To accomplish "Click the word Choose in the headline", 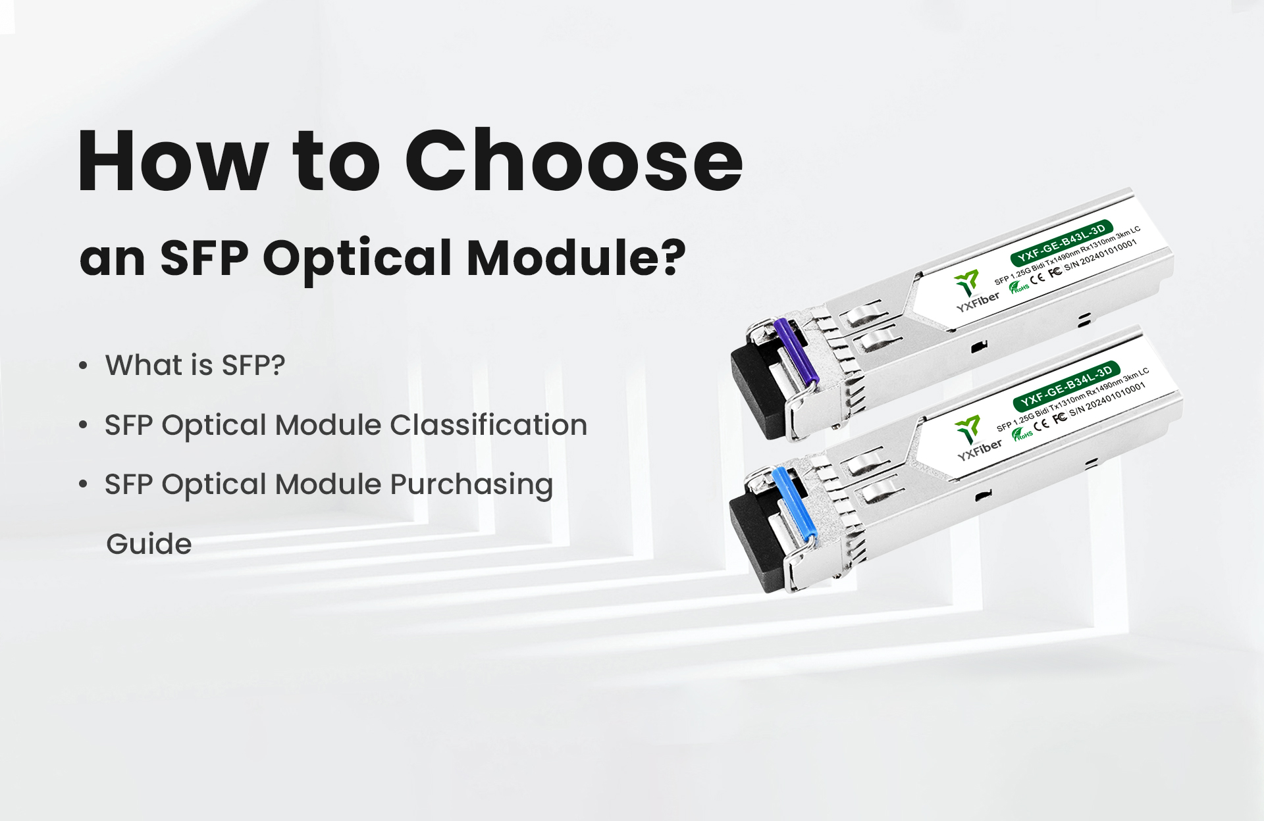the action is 573,161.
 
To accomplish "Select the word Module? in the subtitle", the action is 576,257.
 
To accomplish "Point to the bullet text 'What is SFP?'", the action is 196,365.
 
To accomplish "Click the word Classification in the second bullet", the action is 488,425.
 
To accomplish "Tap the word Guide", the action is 149,544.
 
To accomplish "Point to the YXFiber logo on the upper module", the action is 974,292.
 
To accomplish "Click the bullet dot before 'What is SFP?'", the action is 83,366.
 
